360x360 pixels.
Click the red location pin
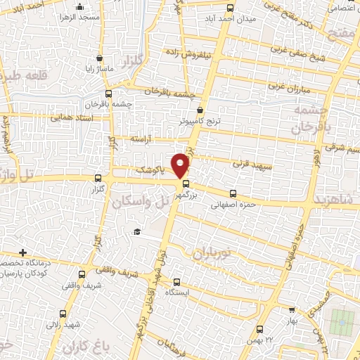[x=181, y=165]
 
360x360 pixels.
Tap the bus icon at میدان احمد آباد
[x=231, y=8]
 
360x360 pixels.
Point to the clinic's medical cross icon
[x=23, y=252]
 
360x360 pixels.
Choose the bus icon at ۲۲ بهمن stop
[x=261, y=328]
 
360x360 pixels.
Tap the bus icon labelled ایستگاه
[x=176, y=281]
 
